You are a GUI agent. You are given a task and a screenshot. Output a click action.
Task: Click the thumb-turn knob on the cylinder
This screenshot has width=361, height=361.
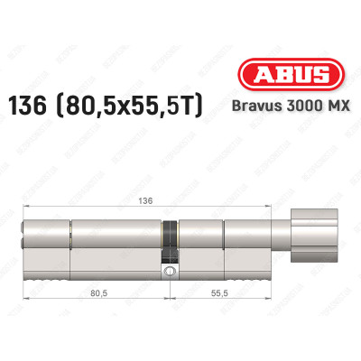click(x=311, y=242)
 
